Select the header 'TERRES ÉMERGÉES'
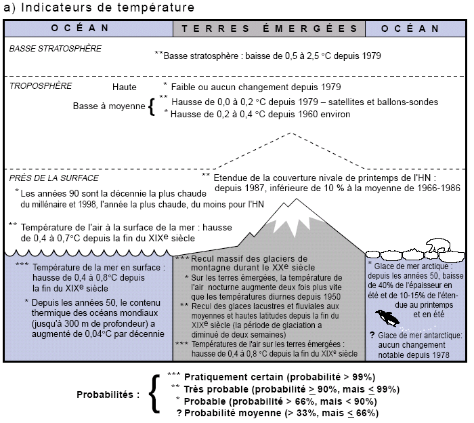pos(270,28)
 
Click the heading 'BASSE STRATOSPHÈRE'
pos(56,49)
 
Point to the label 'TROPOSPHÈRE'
pos(41,87)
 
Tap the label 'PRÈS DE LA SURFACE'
pos(54,178)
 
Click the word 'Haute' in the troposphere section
pos(125,88)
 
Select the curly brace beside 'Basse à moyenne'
pos(152,107)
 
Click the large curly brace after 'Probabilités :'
pos(154,394)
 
